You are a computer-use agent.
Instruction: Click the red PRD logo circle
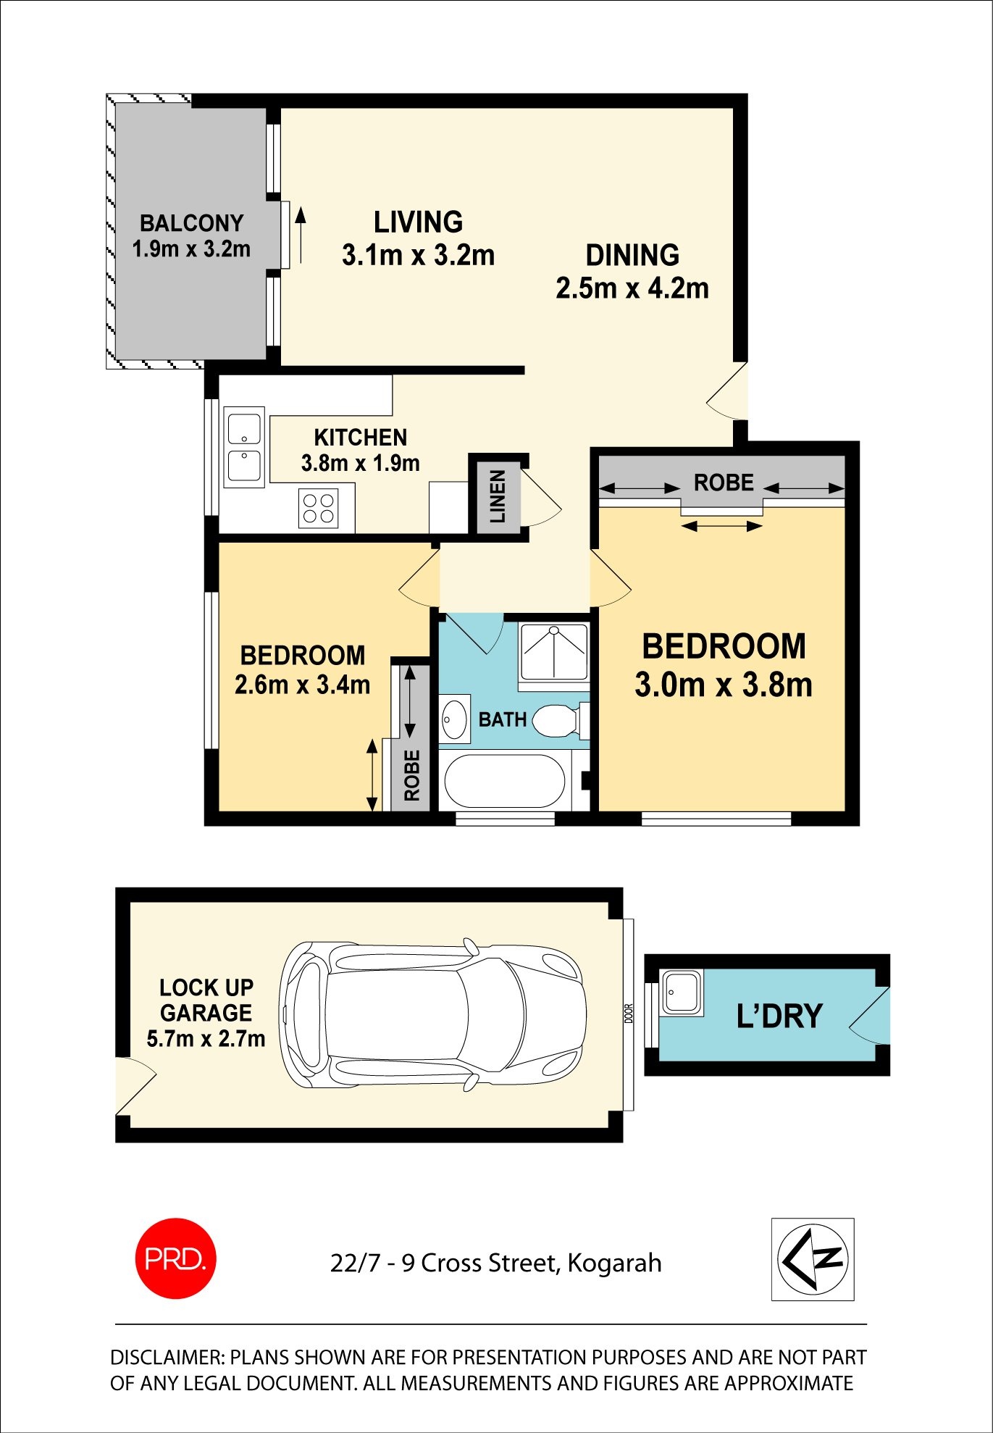click(175, 1258)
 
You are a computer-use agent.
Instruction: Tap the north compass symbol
click(813, 1259)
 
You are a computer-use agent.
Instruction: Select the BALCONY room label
click(191, 222)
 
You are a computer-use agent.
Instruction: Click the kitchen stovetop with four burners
click(319, 508)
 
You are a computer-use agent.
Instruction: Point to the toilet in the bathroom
click(557, 721)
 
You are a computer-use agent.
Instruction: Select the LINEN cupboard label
click(498, 496)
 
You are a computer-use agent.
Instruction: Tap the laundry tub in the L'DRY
click(681, 992)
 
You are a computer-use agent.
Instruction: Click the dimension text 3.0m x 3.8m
click(723, 685)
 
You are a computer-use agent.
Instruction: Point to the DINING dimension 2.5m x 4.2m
click(632, 288)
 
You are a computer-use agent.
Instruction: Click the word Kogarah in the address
click(614, 1263)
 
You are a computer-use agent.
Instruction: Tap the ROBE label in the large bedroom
click(723, 482)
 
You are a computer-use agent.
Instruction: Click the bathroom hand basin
click(455, 719)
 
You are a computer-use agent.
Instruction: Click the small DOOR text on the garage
click(628, 1013)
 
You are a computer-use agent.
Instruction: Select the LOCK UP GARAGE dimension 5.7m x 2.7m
click(206, 1039)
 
